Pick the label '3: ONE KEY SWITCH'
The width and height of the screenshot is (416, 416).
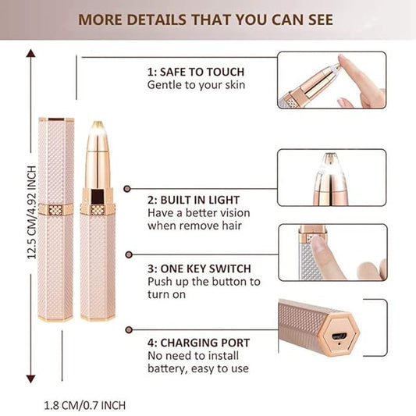(195, 267)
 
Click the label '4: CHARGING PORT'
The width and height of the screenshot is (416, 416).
(199, 342)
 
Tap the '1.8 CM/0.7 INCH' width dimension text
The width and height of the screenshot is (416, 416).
(84, 405)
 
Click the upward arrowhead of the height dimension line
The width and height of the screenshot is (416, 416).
(32, 54)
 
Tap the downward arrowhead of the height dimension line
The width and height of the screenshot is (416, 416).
(32, 373)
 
